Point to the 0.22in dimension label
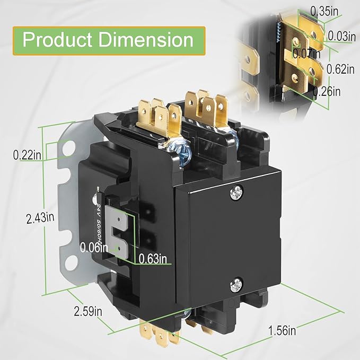click(x=27, y=155)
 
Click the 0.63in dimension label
click(x=153, y=259)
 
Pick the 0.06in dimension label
click(x=94, y=247)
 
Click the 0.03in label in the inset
click(x=341, y=37)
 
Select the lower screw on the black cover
click(x=235, y=285)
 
